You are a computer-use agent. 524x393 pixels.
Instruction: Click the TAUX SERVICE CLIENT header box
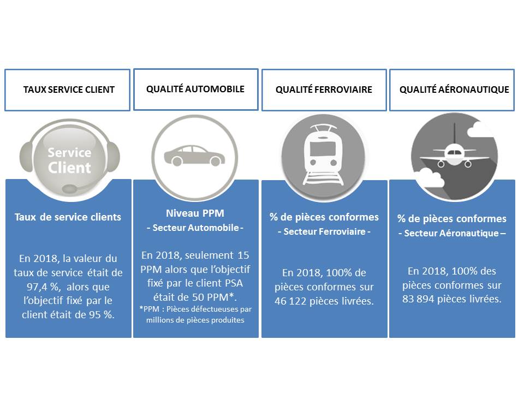coord(67,90)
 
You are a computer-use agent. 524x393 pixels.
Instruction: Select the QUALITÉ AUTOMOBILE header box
coord(196,89)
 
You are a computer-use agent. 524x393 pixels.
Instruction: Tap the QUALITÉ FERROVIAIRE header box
coord(324,90)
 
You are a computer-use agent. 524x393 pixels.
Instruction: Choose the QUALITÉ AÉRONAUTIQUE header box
coord(452,90)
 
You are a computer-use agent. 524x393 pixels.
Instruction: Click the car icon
coord(194,156)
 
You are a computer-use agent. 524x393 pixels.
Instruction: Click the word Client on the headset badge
coord(69,168)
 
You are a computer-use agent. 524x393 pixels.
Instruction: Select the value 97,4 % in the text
coord(43,287)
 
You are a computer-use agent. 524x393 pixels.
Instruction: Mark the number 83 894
coord(418,299)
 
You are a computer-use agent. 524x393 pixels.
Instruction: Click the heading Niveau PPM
coord(195,213)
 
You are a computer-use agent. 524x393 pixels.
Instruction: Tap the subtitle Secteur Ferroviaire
coord(324,231)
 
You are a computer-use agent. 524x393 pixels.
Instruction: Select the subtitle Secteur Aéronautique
coord(452,233)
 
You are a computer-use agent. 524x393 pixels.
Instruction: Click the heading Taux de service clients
coord(68,217)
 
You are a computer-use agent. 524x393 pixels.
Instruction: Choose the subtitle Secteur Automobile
coord(195,228)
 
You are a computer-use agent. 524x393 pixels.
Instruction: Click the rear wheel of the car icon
coord(177,162)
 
